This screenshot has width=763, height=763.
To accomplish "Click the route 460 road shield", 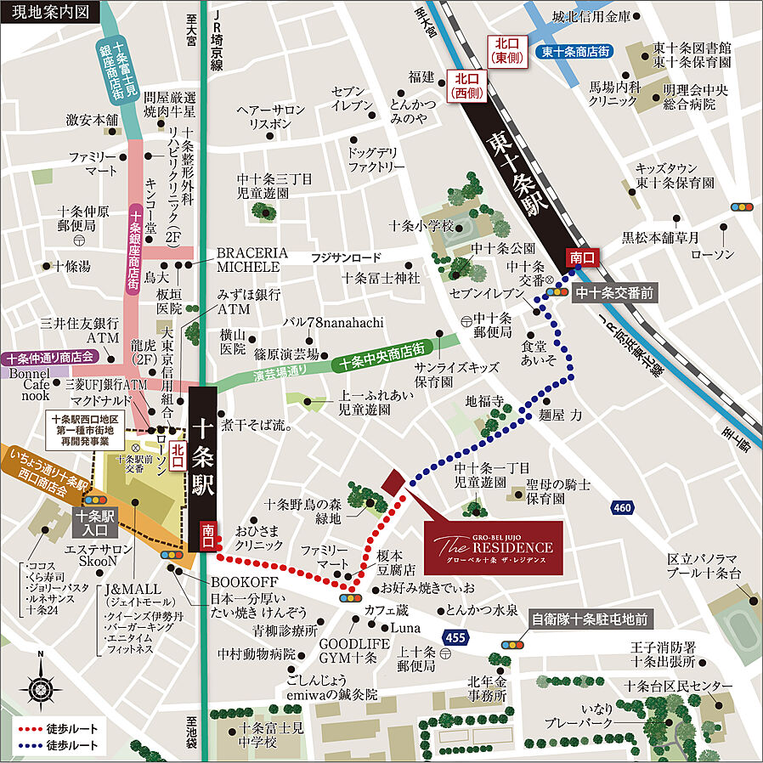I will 622,507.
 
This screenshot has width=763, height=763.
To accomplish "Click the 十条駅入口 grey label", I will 97,522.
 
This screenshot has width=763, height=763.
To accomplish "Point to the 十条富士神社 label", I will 381,278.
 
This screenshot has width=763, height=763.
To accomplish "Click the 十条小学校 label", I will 421,226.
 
